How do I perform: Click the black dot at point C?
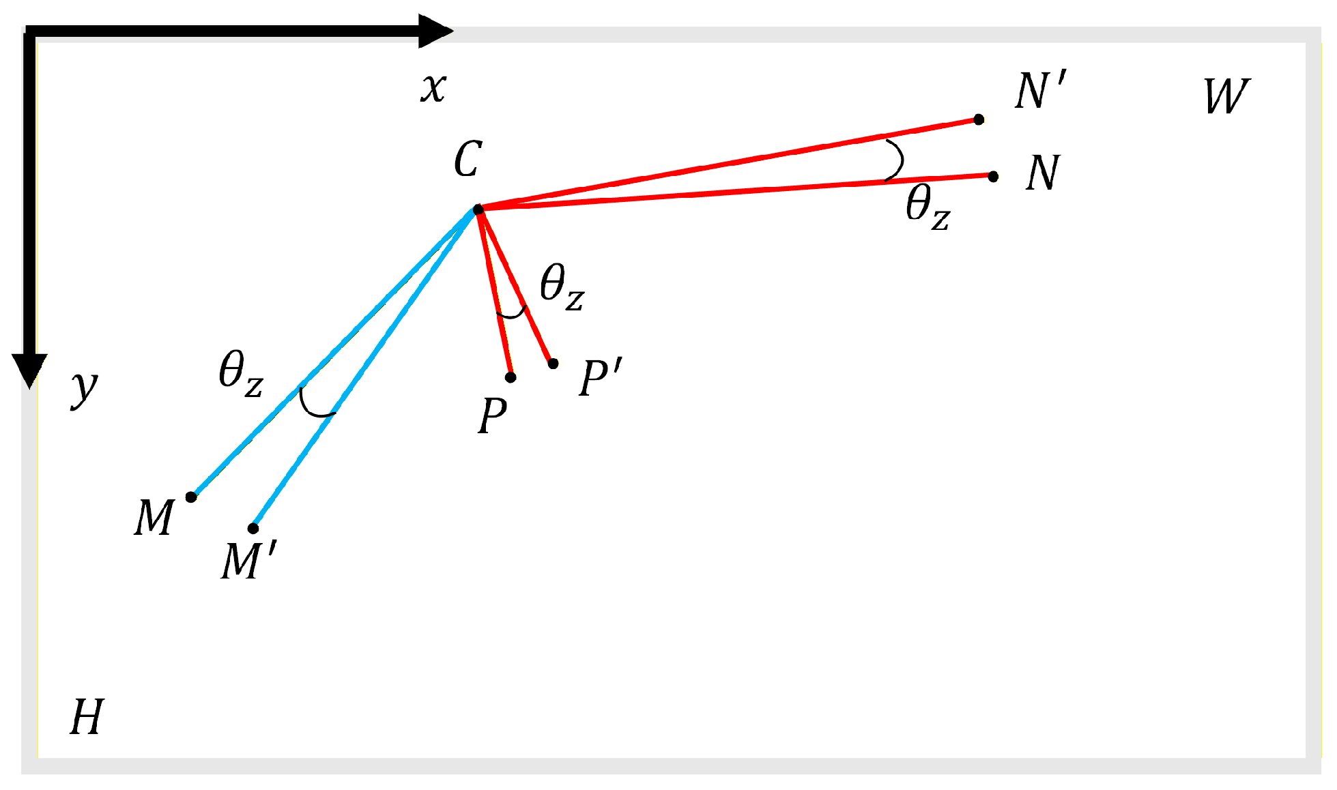(x=478, y=209)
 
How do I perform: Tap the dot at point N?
(x=993, y=177)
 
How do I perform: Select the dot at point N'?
(x=979, y=120)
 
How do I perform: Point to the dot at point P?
(x=511, y=377)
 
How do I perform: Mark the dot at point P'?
(x=553, y=364)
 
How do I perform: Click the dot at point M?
(x=191, y=497)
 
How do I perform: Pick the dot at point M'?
(x=253, y=528)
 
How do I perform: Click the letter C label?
(x=468, y=160)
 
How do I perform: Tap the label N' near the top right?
(x=1039, y=91)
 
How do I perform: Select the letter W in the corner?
(x=1226, y=96)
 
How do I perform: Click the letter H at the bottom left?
(x=87, y=717)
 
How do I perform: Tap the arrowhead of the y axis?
(x=29, y=371)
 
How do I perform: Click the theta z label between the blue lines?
(x=240, y=374)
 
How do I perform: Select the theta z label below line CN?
(x=928, y=207)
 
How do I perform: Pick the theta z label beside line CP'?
(x=562, y=287)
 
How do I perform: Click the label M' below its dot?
(x=248, y=561)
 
